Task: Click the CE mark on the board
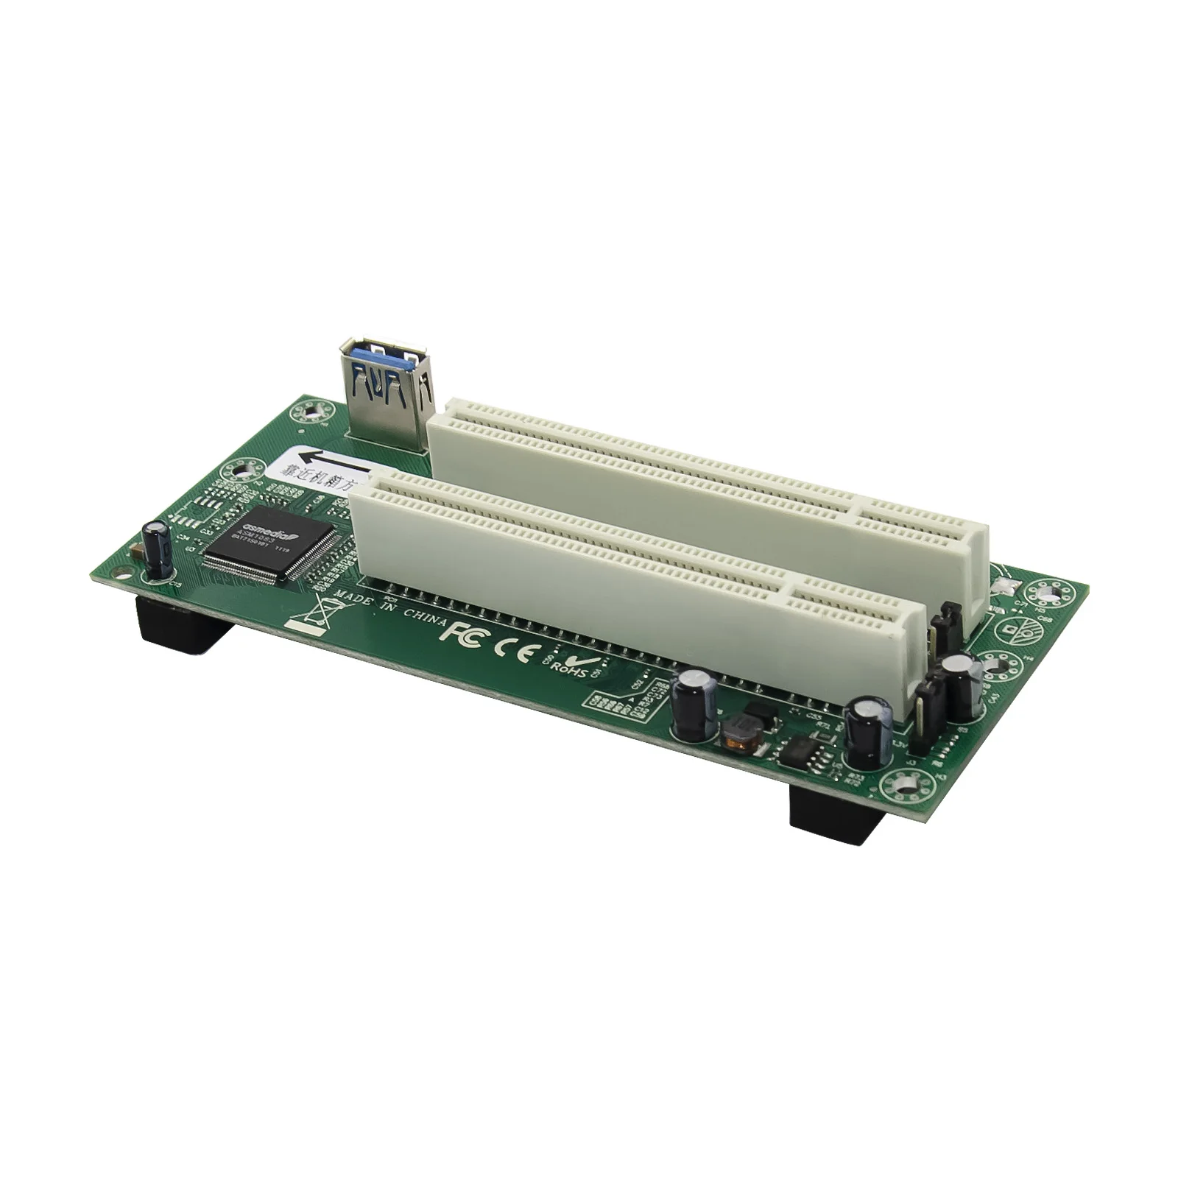tap(511, 649)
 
